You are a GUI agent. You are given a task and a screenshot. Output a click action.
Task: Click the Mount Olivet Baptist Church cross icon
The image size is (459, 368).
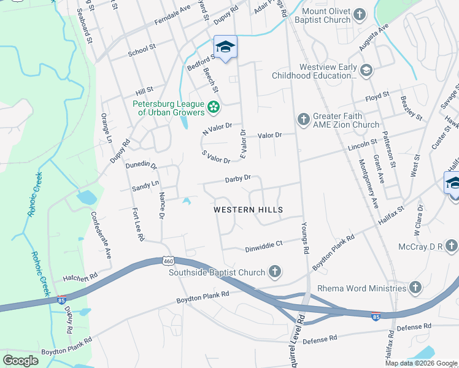360,15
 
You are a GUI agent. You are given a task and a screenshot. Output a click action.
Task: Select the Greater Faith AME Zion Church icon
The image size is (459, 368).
303,120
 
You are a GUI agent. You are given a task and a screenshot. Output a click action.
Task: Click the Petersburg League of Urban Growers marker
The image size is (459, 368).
214,108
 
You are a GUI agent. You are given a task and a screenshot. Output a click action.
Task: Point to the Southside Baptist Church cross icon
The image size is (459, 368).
275,272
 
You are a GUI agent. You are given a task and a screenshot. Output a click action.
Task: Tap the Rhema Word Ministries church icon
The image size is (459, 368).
415,288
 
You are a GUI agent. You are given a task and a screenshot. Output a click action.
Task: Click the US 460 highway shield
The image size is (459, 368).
169,261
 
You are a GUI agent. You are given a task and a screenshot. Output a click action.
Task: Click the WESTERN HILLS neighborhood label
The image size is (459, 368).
248,210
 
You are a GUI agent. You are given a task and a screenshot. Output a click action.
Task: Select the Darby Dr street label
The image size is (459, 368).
238,178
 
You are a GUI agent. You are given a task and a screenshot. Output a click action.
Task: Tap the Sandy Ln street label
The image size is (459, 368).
145,183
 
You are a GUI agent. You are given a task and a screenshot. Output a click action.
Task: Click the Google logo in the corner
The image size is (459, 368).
21,361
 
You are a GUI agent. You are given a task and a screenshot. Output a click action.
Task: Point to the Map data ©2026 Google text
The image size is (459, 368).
421,363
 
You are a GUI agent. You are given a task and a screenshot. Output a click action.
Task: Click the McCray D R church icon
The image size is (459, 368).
452,246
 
